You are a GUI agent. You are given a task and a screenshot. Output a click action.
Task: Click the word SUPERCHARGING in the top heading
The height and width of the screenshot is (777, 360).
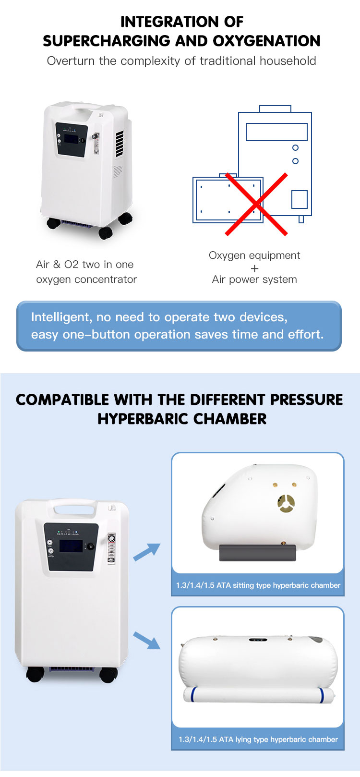point(107,41)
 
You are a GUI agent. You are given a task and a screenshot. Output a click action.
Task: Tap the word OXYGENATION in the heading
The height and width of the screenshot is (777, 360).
point(266,41)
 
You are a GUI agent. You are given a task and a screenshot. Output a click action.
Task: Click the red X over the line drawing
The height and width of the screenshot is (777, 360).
point(256,204)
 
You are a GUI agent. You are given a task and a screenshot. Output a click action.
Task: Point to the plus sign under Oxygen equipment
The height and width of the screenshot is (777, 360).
point(254,268)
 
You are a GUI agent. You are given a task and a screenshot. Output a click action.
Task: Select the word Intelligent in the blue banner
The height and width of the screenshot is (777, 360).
point(61,317)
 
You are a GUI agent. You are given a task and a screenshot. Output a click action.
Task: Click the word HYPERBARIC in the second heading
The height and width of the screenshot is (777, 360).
point(143,419)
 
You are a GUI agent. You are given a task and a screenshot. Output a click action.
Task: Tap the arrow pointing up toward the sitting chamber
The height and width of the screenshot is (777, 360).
point(147,552)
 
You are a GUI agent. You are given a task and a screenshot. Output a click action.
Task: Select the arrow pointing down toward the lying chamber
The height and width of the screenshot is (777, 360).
point(147,640)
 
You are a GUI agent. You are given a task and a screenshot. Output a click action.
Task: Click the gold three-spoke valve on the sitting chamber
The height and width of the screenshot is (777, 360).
point(286,504)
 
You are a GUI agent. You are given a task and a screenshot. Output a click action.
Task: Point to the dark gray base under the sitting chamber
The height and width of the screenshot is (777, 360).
point(257,552)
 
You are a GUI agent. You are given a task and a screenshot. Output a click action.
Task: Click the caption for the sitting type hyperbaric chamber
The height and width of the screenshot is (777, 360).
point(258,585)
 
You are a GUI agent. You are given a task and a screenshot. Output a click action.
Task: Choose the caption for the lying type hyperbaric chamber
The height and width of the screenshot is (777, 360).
point(258,740)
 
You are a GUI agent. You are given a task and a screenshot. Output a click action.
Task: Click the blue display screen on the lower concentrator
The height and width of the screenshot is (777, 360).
point(71,546)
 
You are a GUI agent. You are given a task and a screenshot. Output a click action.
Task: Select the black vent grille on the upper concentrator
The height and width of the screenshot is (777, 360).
point(120,144)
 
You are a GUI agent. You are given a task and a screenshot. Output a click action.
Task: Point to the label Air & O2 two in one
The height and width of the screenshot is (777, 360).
point(84,265)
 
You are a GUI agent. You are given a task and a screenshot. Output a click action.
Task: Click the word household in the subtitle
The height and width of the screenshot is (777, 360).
point(288,61)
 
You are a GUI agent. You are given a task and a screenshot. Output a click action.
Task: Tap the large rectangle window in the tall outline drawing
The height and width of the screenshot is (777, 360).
point(277,132)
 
